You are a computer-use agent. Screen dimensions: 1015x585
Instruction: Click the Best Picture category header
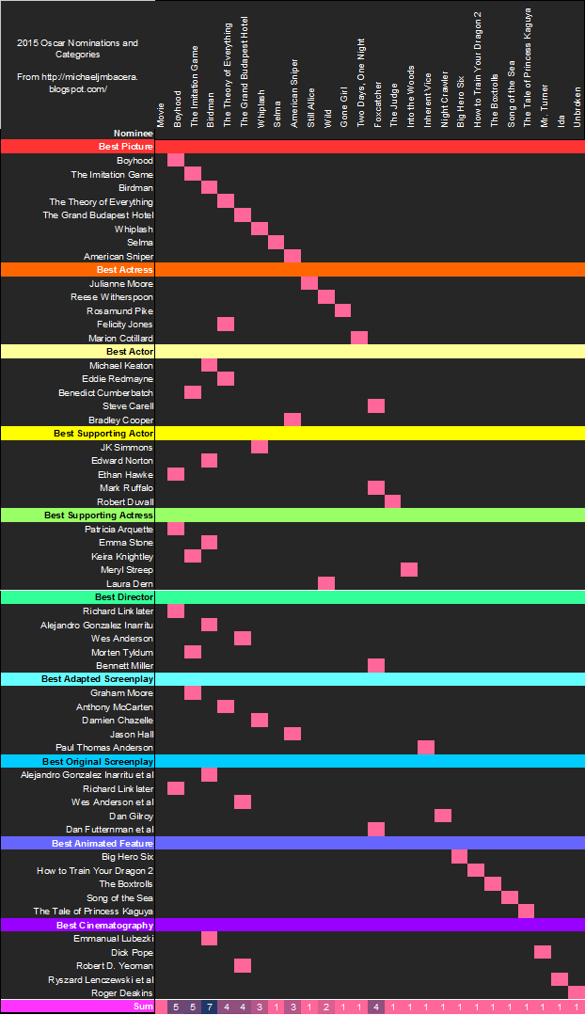[125, 147]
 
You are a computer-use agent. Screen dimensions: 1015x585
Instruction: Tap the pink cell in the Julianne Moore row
[309, 283]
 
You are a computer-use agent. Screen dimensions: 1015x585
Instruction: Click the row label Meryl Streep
[127, 570]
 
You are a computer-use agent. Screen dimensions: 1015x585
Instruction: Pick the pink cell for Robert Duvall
[392, 501]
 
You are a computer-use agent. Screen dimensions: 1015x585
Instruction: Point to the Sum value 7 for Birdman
[209, 1007]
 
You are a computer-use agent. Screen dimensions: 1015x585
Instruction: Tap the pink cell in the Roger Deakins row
[577, 992]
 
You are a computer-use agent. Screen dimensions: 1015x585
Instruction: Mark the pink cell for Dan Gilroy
[443, 816]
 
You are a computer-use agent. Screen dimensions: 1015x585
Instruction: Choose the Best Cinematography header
[104, 926]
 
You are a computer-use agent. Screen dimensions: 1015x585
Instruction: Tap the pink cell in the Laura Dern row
[326, 583]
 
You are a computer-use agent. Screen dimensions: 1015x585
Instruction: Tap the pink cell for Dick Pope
[543, 952]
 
